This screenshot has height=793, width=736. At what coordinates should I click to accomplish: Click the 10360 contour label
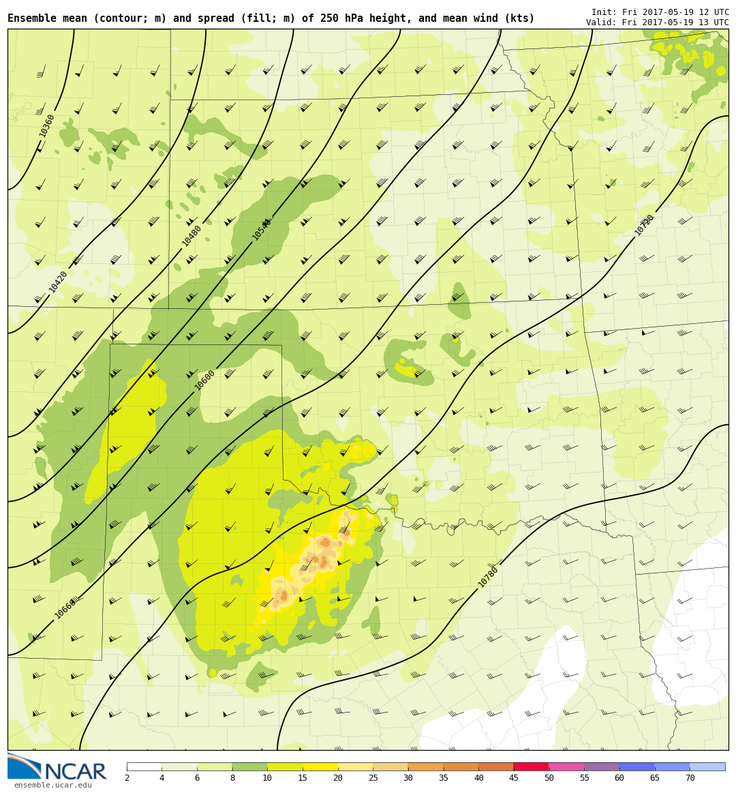click(x=47, y=125)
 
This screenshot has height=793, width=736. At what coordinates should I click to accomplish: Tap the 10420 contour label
click(x=58, y=282)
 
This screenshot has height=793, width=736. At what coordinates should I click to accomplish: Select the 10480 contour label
click(x=191, y=236)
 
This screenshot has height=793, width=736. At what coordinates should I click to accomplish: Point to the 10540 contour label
click(x=262, y=229)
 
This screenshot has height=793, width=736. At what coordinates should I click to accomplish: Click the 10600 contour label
click(x=204, y=380)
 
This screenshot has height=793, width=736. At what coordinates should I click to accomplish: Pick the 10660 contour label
click(x=65, y=609)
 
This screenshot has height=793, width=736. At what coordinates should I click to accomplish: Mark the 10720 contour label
click(x=644, y=225)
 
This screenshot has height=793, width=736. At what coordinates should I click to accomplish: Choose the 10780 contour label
click(x=488, y=577)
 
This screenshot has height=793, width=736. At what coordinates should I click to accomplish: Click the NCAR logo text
click(x=75, y=772)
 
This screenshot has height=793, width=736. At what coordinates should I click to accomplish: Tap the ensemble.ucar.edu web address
click(x=52, y=785)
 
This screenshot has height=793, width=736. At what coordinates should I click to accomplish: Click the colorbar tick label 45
click(x=513, y=779)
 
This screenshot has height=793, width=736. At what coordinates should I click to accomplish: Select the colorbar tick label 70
click(x=690, y=779)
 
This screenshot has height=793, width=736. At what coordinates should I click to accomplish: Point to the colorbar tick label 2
click(x=127, y=779)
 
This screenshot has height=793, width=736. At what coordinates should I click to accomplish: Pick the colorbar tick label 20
click(x=337, y=779)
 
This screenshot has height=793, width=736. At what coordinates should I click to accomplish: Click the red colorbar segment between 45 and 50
click(x=531, y=766)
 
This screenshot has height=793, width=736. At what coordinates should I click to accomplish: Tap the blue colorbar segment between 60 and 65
click(x=637, y=766)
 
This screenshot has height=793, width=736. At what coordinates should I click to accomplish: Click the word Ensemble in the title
click(x=33, y=18)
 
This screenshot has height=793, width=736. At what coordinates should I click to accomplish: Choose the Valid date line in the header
click(x=657, y=23)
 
